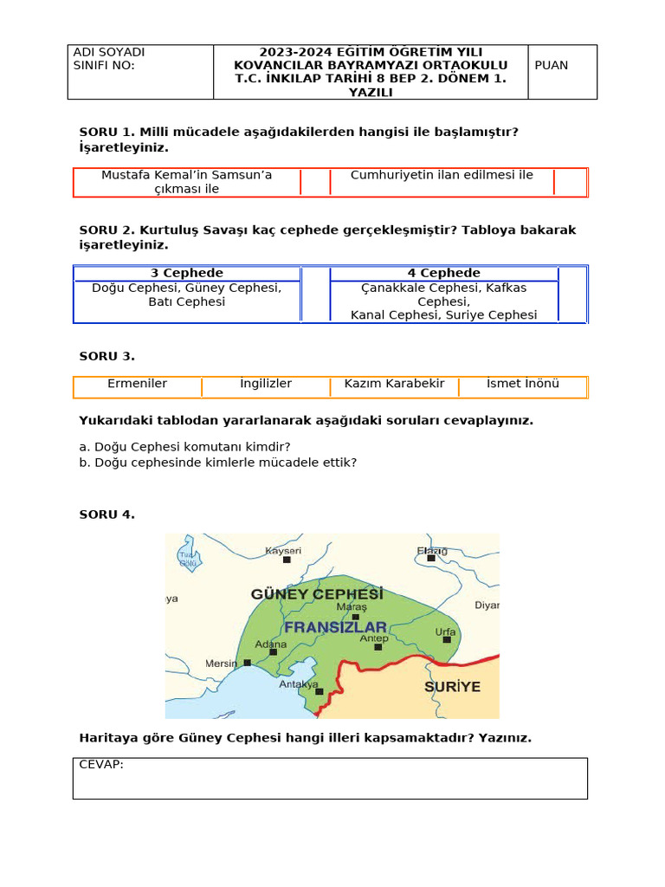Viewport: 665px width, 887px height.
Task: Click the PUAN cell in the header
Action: click(552, 66)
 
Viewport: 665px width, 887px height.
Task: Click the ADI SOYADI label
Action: click(109, 53)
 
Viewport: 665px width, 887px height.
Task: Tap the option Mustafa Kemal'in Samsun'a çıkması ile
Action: click(186, 182)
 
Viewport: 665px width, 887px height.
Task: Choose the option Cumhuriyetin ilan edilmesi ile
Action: click(442, 175)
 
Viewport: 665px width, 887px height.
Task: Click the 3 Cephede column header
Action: click(187, 273)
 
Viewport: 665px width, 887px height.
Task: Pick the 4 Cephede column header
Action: click(443, 273)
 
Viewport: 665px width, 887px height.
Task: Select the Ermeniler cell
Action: click(137, 384)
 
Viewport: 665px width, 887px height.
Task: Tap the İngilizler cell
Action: click(266, 384)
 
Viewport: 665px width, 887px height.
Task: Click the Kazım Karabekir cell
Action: click(394, 384)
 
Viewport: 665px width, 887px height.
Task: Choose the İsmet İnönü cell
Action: click(522, 384)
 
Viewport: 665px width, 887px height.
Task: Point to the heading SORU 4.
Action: click(107, 515)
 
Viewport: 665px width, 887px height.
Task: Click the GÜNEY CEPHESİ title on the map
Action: click(317, 595)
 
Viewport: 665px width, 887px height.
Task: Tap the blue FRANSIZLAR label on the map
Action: click(336, 627)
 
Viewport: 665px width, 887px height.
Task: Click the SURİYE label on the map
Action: click(452, 687)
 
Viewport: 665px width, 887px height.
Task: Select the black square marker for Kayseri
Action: click(287, 560)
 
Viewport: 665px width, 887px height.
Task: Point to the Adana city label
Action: click(270, 644)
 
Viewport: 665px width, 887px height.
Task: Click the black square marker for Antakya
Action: click(320, 691)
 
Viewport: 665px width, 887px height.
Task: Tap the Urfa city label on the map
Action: click(445, 632)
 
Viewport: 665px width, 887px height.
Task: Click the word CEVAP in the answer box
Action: click(101, 765)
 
